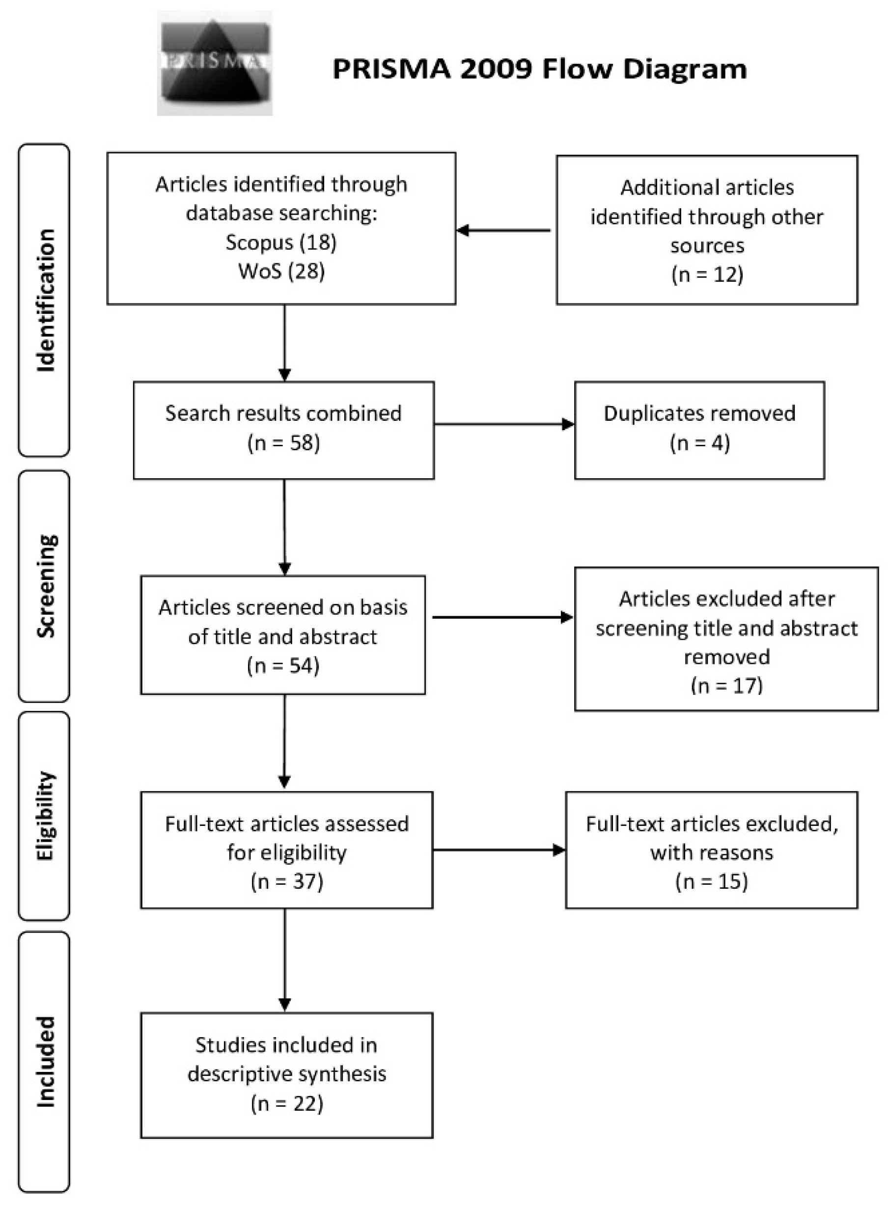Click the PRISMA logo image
214,63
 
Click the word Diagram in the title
685,69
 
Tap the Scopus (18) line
281,242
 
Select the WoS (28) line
281,271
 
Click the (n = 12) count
707,274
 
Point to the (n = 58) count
283,443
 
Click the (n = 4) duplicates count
699,443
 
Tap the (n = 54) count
283,665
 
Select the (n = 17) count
726,685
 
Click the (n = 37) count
286,881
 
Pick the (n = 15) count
711,881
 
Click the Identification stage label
45,300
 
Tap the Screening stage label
45,586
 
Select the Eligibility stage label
45,816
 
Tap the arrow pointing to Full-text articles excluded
499,850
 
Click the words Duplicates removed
699,413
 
